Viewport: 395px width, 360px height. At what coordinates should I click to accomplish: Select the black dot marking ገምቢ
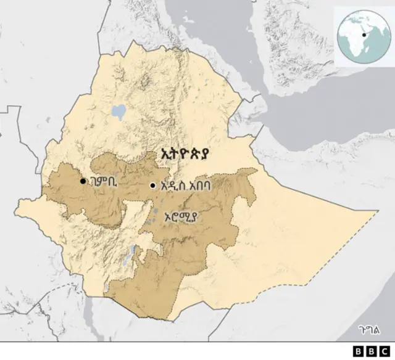click(83, 181)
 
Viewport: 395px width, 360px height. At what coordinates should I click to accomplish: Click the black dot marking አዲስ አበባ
click(152, 186)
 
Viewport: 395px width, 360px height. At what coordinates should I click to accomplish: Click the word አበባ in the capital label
click(206, 186)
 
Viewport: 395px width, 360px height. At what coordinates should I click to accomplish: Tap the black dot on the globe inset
click(365, 35)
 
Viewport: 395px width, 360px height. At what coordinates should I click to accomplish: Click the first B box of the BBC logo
click(359, 351)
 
